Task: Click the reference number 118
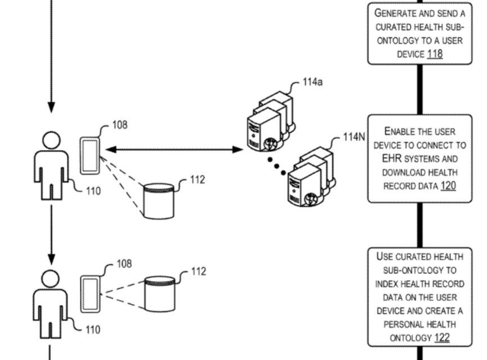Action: click(435, 54)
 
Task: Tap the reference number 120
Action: click(448, 186)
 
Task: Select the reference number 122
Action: click(442, 337)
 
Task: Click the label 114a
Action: click(312, 82)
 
